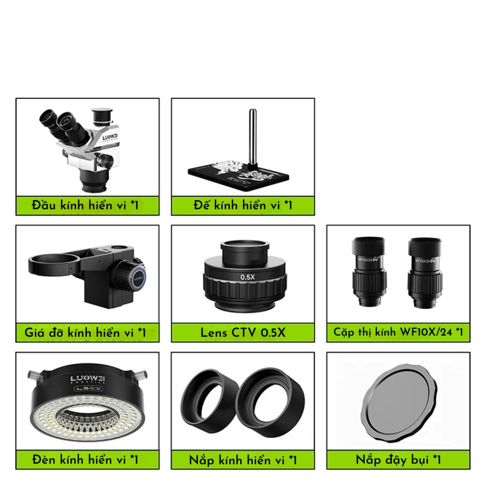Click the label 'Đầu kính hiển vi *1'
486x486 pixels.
point(85,205)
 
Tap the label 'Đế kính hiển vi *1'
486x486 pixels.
point(243,205)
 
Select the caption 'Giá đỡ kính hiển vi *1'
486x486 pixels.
point(85,333)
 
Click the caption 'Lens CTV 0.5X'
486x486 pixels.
point(243,333)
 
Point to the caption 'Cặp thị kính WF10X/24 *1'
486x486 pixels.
point(399,332)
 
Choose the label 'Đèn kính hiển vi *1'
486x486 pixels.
point(85,459)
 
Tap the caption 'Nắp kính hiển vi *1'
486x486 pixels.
point(243,460)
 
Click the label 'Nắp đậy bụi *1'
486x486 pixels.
point(399,460)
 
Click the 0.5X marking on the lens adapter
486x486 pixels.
point(248,277)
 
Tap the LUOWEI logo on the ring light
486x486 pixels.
point(87,379)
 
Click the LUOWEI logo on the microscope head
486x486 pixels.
point(110,137)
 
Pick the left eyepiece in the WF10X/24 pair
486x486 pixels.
point(369,272)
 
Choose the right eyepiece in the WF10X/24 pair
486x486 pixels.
point(425,273)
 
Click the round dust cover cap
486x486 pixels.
point(399,403)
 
